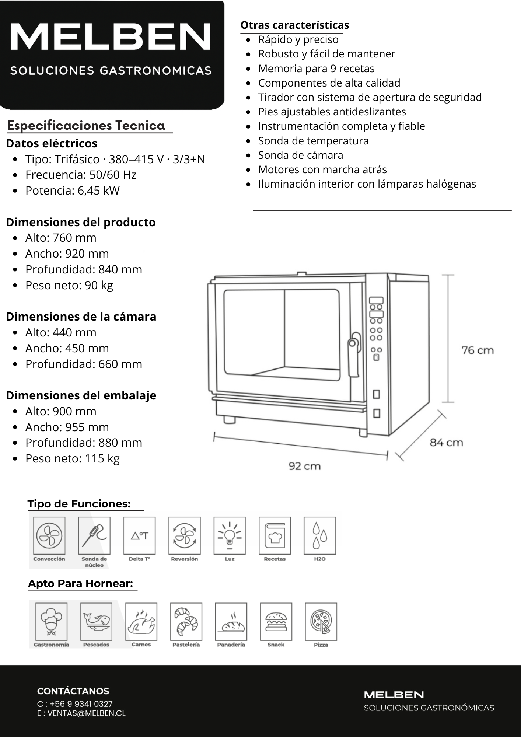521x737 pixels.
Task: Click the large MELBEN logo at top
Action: tap(111, 37)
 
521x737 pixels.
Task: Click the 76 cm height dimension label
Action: tap(478, 350)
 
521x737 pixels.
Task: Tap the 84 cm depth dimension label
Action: tap(446, 442)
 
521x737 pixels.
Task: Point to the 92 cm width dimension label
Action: tap(304, 466)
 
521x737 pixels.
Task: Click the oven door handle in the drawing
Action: tap(354, 354)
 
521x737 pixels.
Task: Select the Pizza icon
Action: tap(321, 622)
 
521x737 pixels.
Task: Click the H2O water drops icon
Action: tap(320, 535)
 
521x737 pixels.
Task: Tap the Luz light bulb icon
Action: tap(230, 535)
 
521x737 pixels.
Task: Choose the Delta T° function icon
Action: tap(139, 535)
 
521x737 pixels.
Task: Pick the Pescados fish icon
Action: tap(96, 622)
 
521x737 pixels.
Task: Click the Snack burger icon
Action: tap(276, 622)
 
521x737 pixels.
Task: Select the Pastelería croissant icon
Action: tap(186, 622)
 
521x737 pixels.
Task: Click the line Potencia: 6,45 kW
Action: tap(72, 191)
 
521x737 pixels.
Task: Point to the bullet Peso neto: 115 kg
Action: tap(72, 458)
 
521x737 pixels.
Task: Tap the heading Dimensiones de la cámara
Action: tap(81, 317)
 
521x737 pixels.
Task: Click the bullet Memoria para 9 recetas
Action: tap(316, 69)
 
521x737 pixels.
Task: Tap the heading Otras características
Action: tap(294, 25)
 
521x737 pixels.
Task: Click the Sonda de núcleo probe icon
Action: tap(94, 535)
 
